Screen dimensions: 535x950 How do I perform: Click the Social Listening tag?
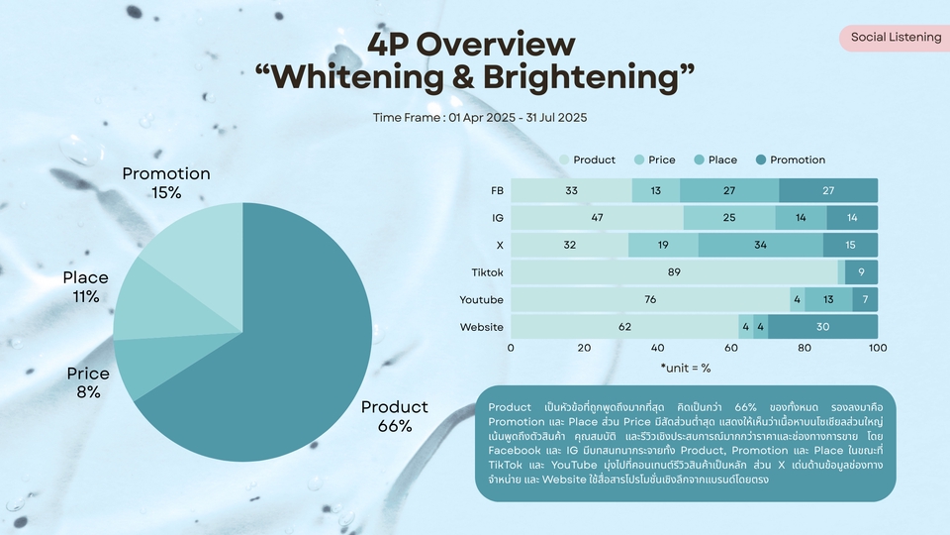tap(896, 38)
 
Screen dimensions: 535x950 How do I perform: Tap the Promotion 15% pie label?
tap(166, 181)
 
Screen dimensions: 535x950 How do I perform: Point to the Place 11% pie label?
tap(85, 286)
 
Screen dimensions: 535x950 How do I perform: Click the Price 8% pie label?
tap(88, 382)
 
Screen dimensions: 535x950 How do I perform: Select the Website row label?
tap(481, 327)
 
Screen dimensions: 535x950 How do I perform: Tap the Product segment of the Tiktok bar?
tap(673, 272)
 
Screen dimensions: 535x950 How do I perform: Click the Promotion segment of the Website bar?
tap(822, 327)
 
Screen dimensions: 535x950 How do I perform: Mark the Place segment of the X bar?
tap(760, 245)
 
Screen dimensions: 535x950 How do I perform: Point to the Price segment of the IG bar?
tap(729, 217)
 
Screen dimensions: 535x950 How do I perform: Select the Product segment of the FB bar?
tap(571, 190)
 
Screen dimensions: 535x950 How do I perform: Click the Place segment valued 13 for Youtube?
tap(828, 299)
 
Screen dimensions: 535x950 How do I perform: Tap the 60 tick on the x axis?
tap(731, 348)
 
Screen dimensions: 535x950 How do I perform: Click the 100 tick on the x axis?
tap(877, 348)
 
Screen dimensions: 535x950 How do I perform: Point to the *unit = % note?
tap(685, 368)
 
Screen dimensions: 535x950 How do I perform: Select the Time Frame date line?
tap(480, 117)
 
